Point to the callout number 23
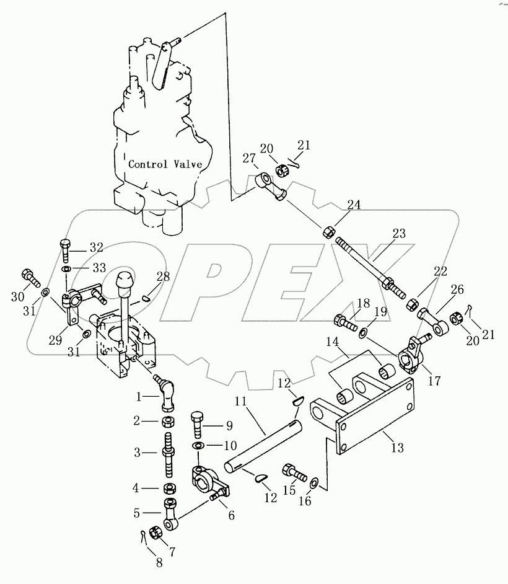click(x=398, y=234)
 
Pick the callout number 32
click(x=96, y=247)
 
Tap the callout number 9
click(x=229, y=426)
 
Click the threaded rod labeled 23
click(x=364, y=262)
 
